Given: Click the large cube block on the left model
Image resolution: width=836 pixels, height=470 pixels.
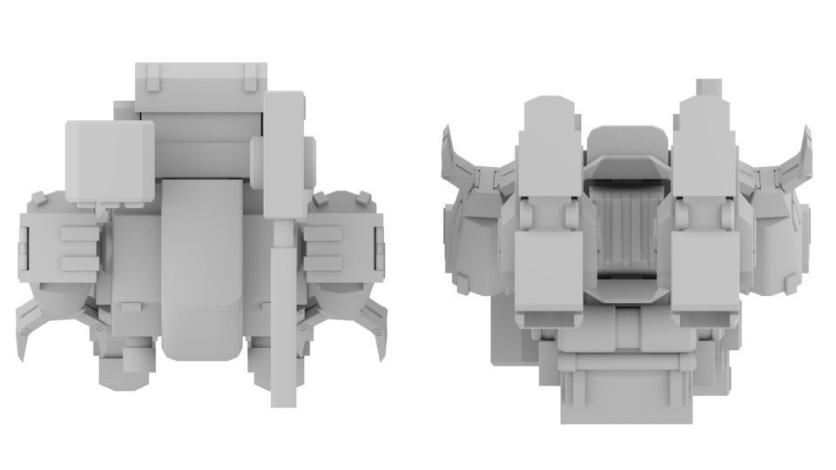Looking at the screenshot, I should (110, 162).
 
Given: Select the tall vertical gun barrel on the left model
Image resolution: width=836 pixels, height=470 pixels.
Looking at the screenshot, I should (282, 157).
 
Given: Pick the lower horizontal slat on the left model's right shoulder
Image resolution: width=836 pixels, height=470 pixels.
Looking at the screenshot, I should (324, 262).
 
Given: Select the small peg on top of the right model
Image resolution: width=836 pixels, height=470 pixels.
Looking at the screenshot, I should (710, 89).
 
